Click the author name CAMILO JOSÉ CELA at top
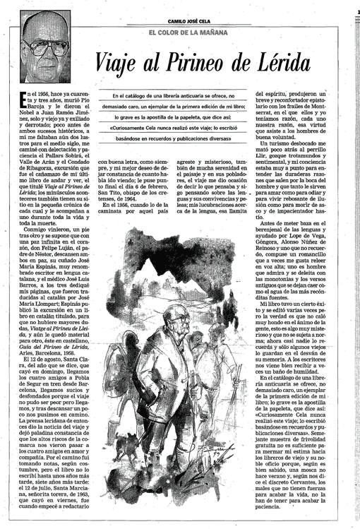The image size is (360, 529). coord(198,20)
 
